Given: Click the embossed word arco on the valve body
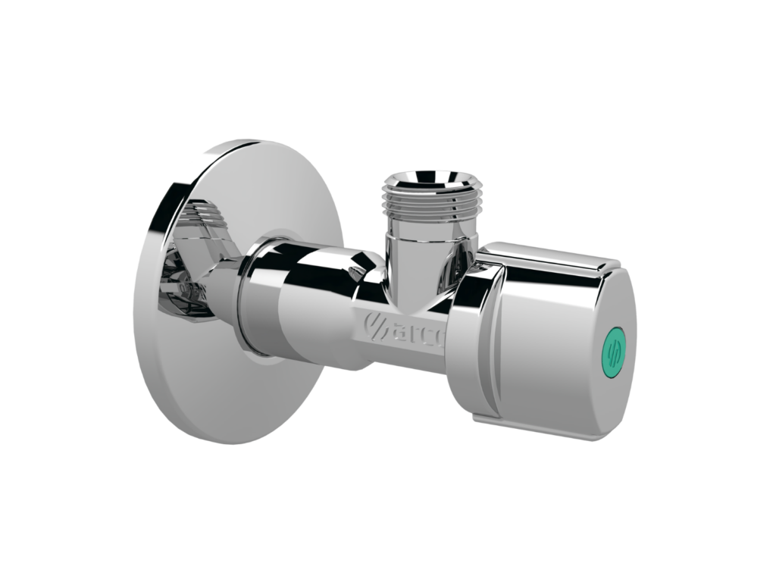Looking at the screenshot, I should click(x=412, y=327).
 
